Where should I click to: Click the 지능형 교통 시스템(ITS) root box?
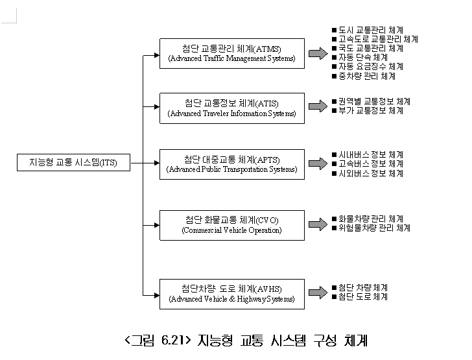73,162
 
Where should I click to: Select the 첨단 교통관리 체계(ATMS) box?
231,53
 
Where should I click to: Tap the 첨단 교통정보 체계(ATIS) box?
231,108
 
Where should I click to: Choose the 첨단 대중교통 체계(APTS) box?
231,164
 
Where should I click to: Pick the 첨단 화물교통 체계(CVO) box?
231,224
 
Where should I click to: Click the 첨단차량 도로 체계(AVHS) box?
231,293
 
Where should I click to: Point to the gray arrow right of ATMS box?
318,53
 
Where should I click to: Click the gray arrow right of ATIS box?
318,106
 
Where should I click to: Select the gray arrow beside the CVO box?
318,224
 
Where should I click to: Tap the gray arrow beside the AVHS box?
318,293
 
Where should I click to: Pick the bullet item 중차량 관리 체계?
366,76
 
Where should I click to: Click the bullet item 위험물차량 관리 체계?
374,228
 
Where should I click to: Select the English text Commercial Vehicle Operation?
231,230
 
